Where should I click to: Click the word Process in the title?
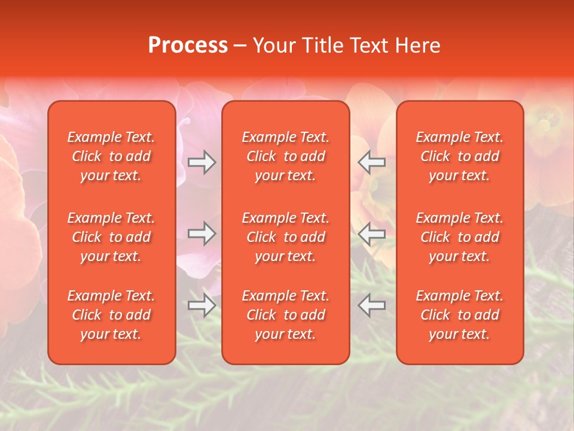pos(188,45)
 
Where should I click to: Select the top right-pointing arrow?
pos(202,162)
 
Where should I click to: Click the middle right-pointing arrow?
pos(202,233)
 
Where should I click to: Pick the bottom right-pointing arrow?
pos(202,305)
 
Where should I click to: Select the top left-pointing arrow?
pos(372,162)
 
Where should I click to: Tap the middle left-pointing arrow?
pos(372,234)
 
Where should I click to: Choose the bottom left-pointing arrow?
pos(372,305)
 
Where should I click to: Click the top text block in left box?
pos(111,156)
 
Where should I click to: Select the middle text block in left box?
pos(111,237)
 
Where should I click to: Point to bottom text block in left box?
pos(111,315)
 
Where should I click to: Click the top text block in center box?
pos(286,156)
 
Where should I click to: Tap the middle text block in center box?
pos(286,237)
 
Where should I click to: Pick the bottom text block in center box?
pos(286,315)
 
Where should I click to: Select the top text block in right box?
pos(460,156)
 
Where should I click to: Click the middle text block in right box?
pos(460,237)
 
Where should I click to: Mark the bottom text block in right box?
pos(460,315)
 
